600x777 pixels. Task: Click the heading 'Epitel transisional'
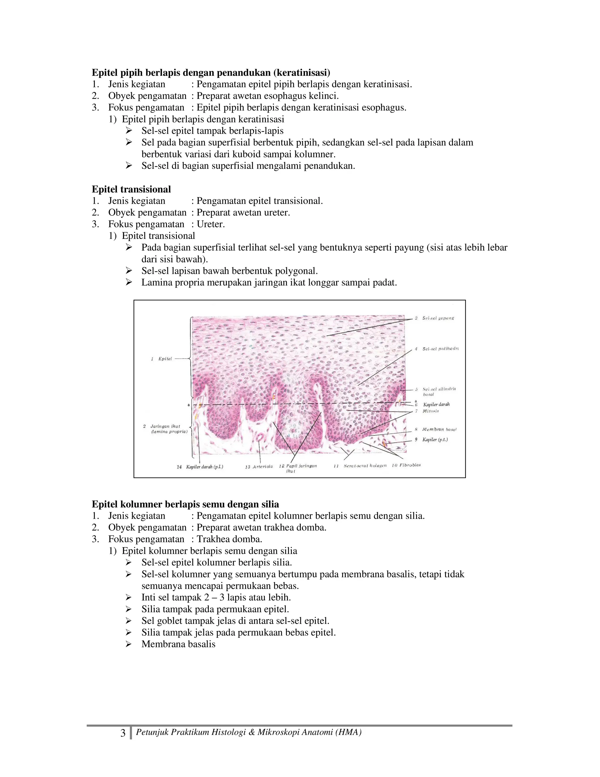pos(131,189)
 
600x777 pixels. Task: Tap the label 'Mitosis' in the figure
pos(430,411)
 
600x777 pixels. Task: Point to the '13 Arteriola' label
pos(259,467)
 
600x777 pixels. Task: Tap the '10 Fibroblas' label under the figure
pos(406,465)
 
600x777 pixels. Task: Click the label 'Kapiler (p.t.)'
pos(435,440)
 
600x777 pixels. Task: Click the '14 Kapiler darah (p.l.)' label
pos(200,467)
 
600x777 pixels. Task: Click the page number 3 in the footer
pos(123,733)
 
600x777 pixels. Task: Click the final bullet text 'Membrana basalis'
pos(178,644)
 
